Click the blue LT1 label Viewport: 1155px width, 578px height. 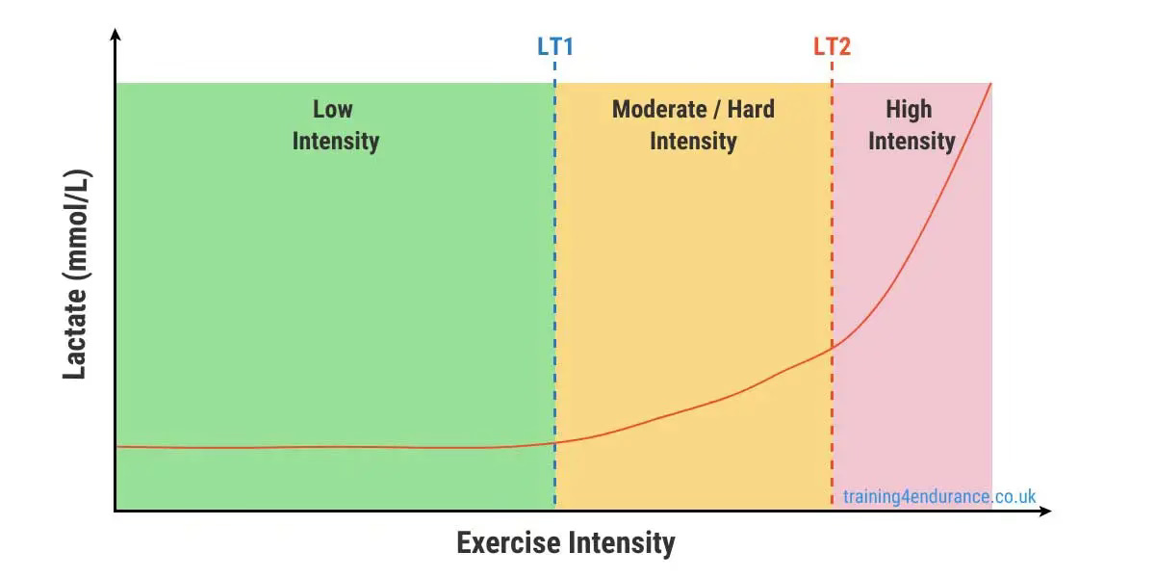coord(555,46)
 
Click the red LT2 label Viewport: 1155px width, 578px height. coord(832,46)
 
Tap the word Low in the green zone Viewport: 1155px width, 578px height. coord(334,109)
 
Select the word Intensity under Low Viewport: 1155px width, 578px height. coord(335,141)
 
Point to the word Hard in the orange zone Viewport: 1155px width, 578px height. coord(751,109)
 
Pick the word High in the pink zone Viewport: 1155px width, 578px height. coord(910,109)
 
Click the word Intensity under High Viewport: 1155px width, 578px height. coord(911,141)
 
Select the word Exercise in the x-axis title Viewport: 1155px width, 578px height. coord(508,542)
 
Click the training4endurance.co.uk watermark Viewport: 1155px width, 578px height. coord(939,497)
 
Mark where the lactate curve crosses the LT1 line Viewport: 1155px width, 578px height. coord(555,442)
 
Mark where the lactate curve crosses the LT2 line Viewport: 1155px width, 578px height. coord(832,347)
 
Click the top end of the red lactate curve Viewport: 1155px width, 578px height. coord(990,85)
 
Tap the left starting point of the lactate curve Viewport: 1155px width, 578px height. coord(117,446)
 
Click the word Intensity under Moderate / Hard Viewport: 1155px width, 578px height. coord(693,141)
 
